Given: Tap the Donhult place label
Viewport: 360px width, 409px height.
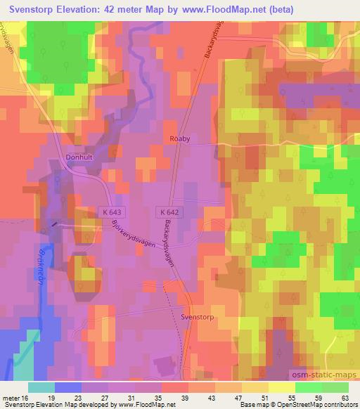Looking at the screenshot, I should click(79, 158).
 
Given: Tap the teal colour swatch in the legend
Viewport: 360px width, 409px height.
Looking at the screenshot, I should click(41, 387).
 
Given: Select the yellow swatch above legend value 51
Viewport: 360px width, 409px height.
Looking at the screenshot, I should click(255, 387).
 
